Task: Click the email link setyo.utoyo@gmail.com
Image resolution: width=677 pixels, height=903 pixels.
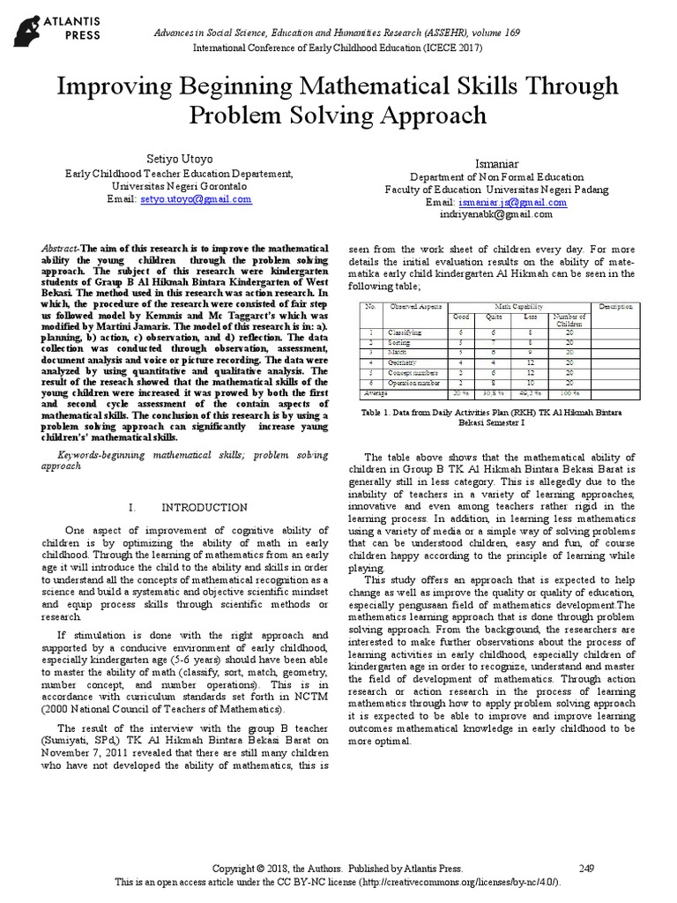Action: pyautogui.click(x=196, y=199)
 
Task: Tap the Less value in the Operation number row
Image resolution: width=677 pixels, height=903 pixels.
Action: pyautogui.click(x=529, y=384)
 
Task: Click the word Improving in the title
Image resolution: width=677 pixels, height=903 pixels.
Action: pyautogui.click(x=113, y=86)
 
